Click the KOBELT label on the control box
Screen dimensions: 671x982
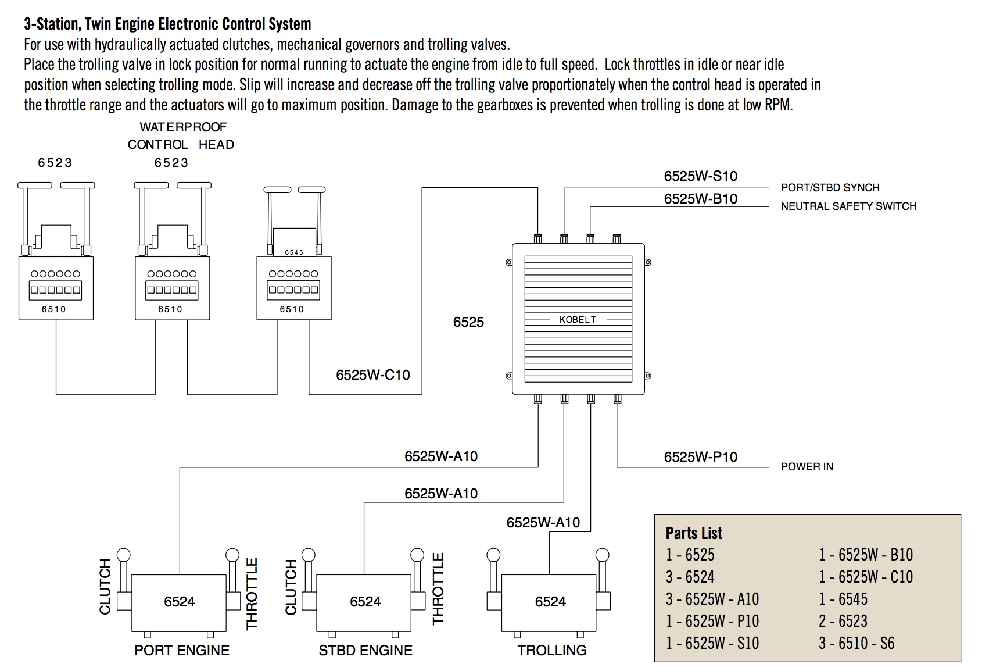pyautogui.click(x=578, y=319)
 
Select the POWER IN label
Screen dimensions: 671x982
pyautogui.click(x=807, y=466)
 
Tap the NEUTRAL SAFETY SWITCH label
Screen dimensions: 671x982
pyautogui.click(x=848, y=206)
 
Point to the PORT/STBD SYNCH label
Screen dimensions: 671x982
pyautogui.click(x=830, y=187)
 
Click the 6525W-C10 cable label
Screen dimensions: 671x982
pyautogui.click(x=372, y=375)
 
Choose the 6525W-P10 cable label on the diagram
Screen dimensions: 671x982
pyautogui.click(x=700, y=457)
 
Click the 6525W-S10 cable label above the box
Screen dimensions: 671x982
pyautogui.click(x=700, y=176)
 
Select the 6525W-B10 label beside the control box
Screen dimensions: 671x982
pyautogui.click(x=700, y=199)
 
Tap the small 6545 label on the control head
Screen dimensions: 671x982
pyautogui.click(x=294, y=252)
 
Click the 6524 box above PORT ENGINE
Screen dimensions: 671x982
pyautogui.click(x=179, y=602)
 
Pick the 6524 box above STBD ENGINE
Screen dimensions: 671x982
pyautogui.click(x=365, y=602)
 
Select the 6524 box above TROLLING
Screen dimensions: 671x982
pyautogui.click(x=550, y=602)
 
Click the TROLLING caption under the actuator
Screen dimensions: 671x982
pyautogui.click(x=551, y=650)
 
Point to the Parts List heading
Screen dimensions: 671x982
pyautogui.click(x=694, y=533)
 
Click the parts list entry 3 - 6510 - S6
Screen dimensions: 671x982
pyautogui.click(x=856, y=643)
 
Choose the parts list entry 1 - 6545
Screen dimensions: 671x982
pyautogui.click(x=843, y=599)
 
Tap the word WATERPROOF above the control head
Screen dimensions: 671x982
pyautogui.click(x=183, y=127)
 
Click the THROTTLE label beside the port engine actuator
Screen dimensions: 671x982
pyautogui.click(x=252, y=594)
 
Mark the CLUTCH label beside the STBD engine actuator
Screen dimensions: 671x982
pyautogui.click(x=291, y=587)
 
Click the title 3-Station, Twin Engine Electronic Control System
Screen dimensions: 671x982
pyautogui.click(x=167, y=24)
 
